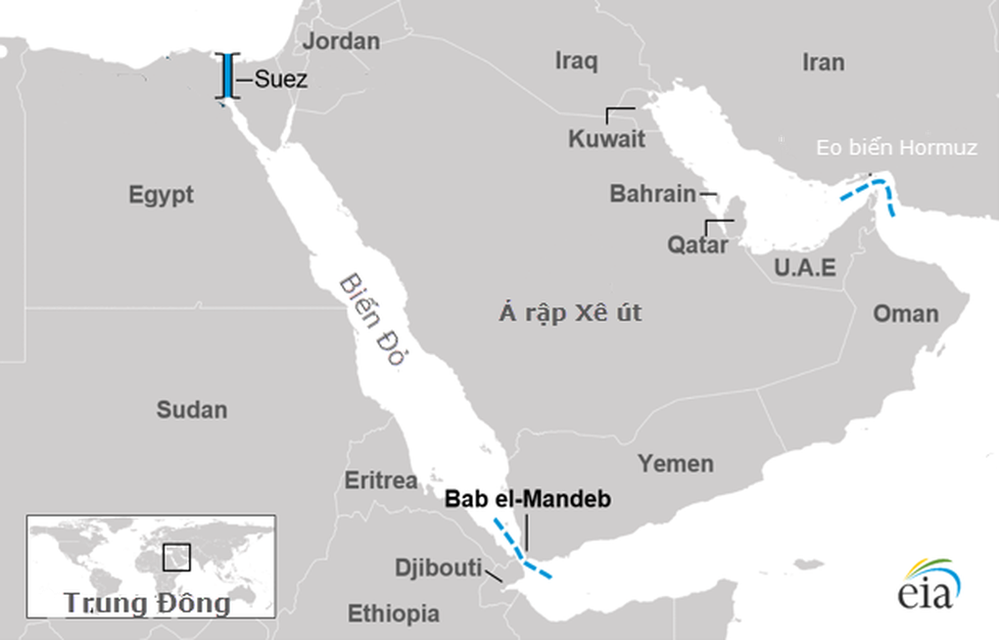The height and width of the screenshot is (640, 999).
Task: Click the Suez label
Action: pos(280,80)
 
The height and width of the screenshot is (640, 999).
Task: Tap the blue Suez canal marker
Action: pos(227,77)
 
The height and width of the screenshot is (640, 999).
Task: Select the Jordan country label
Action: pos(340,41)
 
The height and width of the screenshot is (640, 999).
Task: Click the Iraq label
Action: pos(576,62)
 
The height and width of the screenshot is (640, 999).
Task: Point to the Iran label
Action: pos(823,63)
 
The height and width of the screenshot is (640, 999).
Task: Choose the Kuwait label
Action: pos(606,139)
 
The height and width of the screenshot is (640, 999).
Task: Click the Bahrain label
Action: pos(652,194)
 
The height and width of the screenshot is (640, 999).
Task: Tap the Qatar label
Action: pos(697,245)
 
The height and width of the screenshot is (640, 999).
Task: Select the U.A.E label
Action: pos(804,267)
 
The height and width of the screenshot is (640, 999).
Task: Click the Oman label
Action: pos(905,314)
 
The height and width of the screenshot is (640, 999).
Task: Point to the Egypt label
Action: pos(161,195)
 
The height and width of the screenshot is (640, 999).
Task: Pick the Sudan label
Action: pos(191,410)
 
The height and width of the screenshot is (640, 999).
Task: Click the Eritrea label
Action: pos(381,480)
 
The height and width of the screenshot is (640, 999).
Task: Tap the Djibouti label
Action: pos(438,568)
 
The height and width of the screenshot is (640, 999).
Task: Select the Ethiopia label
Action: pos(394,615)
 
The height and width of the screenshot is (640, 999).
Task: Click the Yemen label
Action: pos(676,464)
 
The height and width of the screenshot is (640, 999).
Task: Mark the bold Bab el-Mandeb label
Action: pos(528,499)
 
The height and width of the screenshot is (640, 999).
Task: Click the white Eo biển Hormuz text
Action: pos(897,149)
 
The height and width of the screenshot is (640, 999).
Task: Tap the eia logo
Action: pos(927,586)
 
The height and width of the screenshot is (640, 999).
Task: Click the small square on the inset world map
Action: pos(176,557)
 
